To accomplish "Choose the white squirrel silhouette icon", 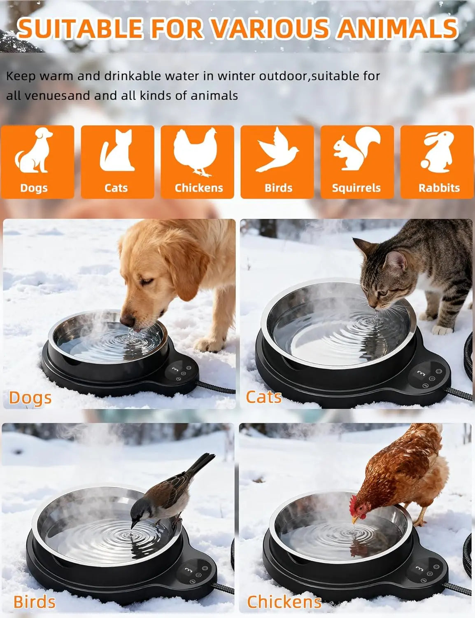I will click(356, 149).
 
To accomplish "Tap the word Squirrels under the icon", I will click(356, 188).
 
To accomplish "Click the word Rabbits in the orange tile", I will click(439, 188).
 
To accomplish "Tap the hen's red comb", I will click(353, 505).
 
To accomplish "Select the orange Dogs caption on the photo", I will click(30, 398).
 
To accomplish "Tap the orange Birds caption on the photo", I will click(34, 602).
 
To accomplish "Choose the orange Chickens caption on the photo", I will click(284, 602).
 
